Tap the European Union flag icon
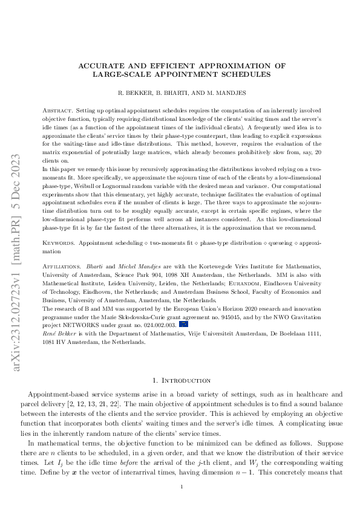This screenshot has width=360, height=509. pyautogui.click(x=184, y=324)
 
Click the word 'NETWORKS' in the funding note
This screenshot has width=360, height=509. pyautogui.click(x=90, y=325)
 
